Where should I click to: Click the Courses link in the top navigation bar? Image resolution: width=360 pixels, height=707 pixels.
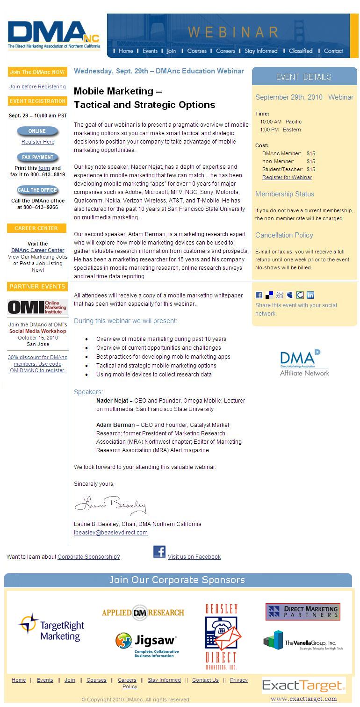pyautogui.click(x=197, y=51)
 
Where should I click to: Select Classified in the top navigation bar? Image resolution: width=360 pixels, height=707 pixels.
pyautogui.click(x=301, y=51)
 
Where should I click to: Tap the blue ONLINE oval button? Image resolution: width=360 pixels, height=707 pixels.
pyautogui.click(x=37, y=131)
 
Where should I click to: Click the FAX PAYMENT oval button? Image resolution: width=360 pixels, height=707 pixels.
pyautogui.click(x=38, y=158)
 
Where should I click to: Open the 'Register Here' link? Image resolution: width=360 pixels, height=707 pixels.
pyautogui.click(x=38, y=142)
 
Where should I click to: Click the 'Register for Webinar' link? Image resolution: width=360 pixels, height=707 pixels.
pyautogui.click(x=287, y=177)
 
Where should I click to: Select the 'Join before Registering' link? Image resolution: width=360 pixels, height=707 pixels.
pyautogui.click(x=37, y=87)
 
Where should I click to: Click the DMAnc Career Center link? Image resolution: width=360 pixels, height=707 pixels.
pyautogui.click(x=38, y=250)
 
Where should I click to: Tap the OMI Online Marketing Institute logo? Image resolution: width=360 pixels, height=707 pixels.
pyautogui.click(x=37, y=307)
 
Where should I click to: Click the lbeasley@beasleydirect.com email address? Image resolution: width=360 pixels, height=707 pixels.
pyautogui.click(x=111, y=533)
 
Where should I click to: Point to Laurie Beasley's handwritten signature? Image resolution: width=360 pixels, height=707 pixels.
pyautogui.click(x=110, y=505)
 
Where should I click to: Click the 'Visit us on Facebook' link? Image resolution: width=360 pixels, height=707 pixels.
pyautogui.click(x=194, y=557)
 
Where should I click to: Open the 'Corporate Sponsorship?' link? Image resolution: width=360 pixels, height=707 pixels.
pyautogui.click(x=89, y=557)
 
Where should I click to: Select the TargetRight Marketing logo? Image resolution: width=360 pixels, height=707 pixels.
pyautogui.click(x=51, y=628)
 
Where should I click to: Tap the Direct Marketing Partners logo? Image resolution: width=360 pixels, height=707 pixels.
pyautogui.click(x=303, y=612)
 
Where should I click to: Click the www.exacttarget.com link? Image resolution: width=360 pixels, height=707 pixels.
pyautogui.click(x=304, y=699)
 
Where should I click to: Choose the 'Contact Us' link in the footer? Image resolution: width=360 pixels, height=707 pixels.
pyautogui.click(x=205, y=680)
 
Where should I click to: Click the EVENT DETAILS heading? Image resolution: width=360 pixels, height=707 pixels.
pyautogui.click(x=304, y=77)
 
